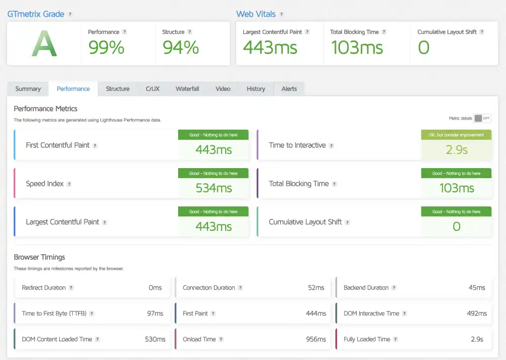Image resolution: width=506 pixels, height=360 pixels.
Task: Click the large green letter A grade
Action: click(44, 45)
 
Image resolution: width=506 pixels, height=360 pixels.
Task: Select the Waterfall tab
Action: click(187, 89)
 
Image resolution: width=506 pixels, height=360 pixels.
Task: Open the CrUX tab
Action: click(152, 89)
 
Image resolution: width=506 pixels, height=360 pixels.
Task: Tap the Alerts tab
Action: click(289, 89)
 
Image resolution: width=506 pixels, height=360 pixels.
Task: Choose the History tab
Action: click(256, 89)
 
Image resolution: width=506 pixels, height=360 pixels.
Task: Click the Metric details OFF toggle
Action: click(482, 118)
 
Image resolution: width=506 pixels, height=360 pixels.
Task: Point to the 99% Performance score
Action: click(106, 48)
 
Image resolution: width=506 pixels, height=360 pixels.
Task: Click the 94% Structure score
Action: click(181, 48)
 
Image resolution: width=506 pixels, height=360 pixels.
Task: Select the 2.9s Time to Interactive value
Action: click(456, 150)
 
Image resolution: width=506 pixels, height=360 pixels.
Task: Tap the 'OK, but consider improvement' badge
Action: click(456, 135)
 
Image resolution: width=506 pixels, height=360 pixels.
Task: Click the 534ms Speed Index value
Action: click(214, 188)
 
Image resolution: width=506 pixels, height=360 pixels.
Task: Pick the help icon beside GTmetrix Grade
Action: click(70, 14)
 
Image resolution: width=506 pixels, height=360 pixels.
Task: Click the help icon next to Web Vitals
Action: click(281, 14)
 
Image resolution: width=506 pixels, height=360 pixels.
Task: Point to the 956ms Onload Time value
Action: click(316, 339)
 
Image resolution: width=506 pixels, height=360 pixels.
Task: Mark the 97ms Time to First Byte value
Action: click(155, 313)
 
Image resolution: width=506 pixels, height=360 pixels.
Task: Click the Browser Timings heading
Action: click(39, 257)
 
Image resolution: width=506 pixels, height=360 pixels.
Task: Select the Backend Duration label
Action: click(366, 288)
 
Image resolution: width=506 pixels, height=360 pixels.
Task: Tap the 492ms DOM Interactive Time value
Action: click(477, 313)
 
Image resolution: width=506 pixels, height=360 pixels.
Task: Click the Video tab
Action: click(223, 89)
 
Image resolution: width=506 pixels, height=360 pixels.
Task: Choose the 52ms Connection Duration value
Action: click(316, 288)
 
